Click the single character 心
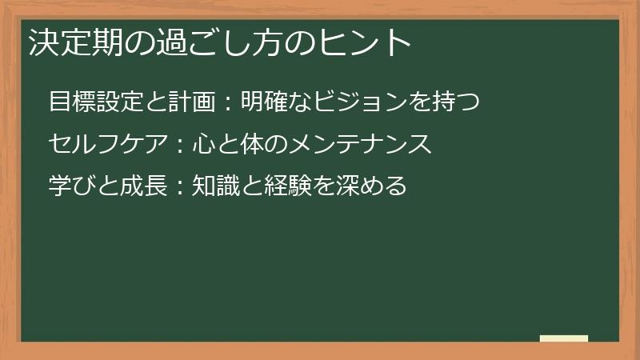point(203,145)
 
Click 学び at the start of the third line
point(71,186)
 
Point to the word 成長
point(143,186)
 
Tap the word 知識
point(215,186)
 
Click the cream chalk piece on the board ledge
point(564,338)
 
